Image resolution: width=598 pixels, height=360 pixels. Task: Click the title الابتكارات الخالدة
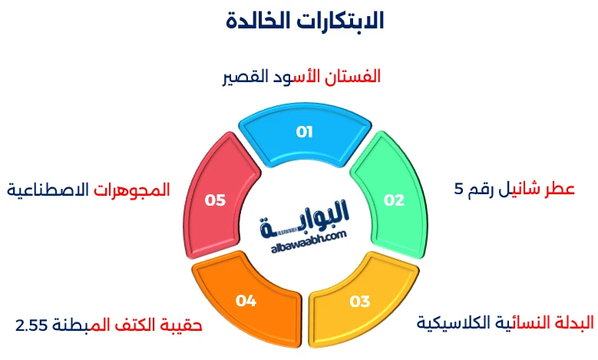tap(305, 21)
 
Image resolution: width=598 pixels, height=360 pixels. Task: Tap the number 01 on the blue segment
tap(305, 132)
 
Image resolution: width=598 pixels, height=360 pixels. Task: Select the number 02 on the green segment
tap(394, 200)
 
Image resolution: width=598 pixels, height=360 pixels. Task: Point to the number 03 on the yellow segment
tap(360, 301)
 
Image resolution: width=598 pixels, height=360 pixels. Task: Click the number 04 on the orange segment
tap(246, 301)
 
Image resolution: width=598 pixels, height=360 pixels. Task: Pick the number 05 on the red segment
tap(216, 200)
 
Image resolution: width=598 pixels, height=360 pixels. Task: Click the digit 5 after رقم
tap(459, 190)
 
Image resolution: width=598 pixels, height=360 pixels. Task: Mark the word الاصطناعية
tap(47, 189)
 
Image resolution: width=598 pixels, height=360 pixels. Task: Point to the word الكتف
tap(135, 325)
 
